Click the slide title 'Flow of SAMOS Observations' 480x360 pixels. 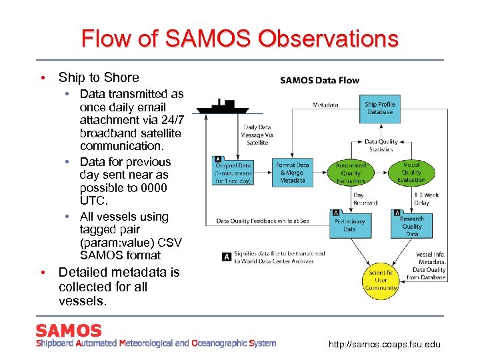point(240,38)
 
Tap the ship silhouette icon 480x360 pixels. point(223,105)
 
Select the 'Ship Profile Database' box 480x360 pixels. point(380,108)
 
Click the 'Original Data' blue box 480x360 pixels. point(233,173)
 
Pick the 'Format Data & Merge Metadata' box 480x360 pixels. point(293,173)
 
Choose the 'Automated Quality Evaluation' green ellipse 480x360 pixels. point(351,173)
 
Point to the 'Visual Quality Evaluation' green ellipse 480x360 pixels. point(411,171)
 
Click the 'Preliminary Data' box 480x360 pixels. point(350,225)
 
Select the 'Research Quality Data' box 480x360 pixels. point(411,225)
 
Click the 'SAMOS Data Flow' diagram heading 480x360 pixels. point(319,81)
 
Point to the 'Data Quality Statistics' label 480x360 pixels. point(381,145)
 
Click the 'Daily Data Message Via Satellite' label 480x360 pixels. point(258,135)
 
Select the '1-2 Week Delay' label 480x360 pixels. point(421,199)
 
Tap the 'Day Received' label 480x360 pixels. point(365,199)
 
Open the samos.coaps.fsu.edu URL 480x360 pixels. point(385,345)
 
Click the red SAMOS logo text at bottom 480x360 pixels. point(69,331)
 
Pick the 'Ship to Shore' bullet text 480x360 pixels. point(99,77)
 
